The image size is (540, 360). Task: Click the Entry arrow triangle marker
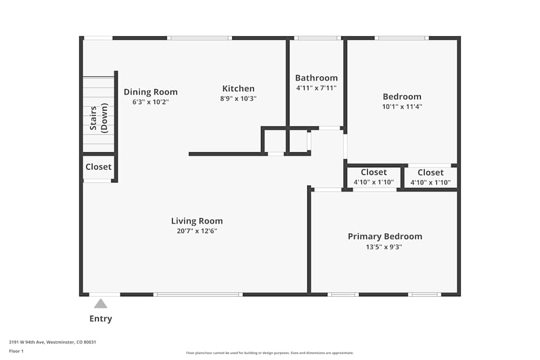point(100,304)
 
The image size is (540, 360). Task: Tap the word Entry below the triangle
point(100,318)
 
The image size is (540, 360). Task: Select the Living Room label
point(197,221)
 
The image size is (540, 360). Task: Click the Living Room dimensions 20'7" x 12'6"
point(197,231)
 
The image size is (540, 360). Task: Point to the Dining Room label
point(151,92)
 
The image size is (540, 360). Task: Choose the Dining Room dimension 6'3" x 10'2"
point(151,101)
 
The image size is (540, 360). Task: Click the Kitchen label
point(238,89)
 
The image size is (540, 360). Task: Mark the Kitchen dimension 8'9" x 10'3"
point(238,99)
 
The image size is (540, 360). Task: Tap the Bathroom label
point(316,78)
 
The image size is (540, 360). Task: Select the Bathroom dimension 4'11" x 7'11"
point(316,87)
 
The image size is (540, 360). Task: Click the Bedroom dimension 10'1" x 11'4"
point(402,107)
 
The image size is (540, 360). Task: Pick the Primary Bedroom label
point(385,236)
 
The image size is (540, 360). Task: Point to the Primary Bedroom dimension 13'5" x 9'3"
point(385,247)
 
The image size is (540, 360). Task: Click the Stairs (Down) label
point(98,118)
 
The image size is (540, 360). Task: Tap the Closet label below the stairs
point(98,167)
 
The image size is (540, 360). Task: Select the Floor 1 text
point(16,351)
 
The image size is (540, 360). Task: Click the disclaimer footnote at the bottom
point(270,353)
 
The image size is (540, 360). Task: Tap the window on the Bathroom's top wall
point(318,38)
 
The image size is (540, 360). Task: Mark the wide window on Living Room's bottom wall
point(198,294)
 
